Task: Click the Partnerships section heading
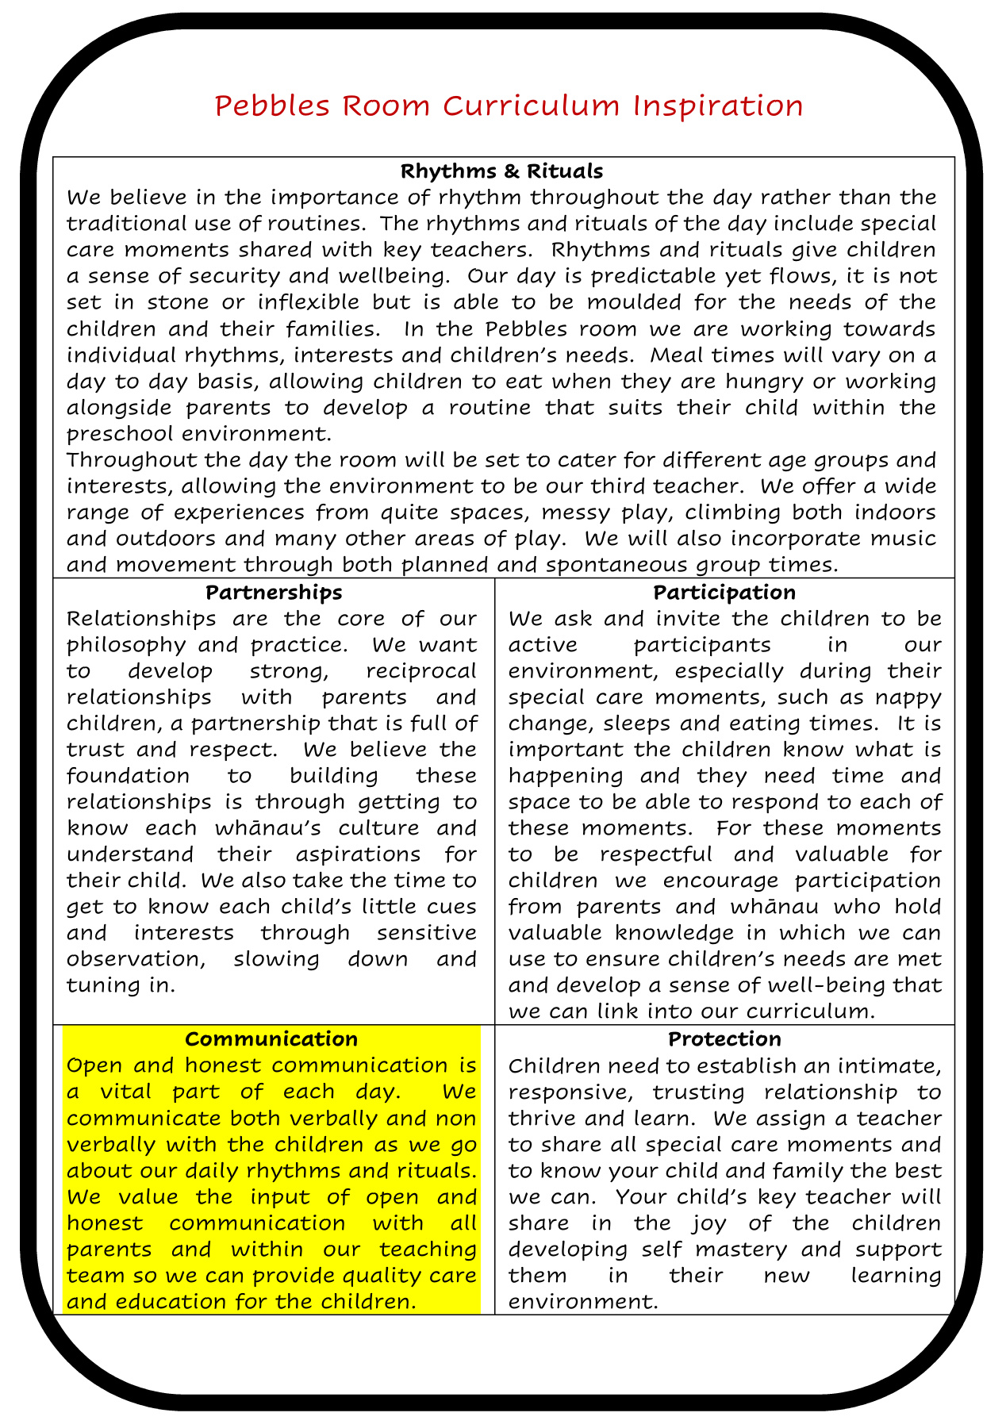[x=274, y=592]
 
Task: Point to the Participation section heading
[x=724, y=592]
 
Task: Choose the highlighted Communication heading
[x=271, y=1038]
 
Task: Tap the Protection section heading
[x=724, y=1038]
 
